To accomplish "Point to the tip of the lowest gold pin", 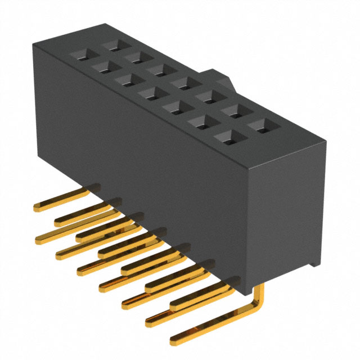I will [174, 340].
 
